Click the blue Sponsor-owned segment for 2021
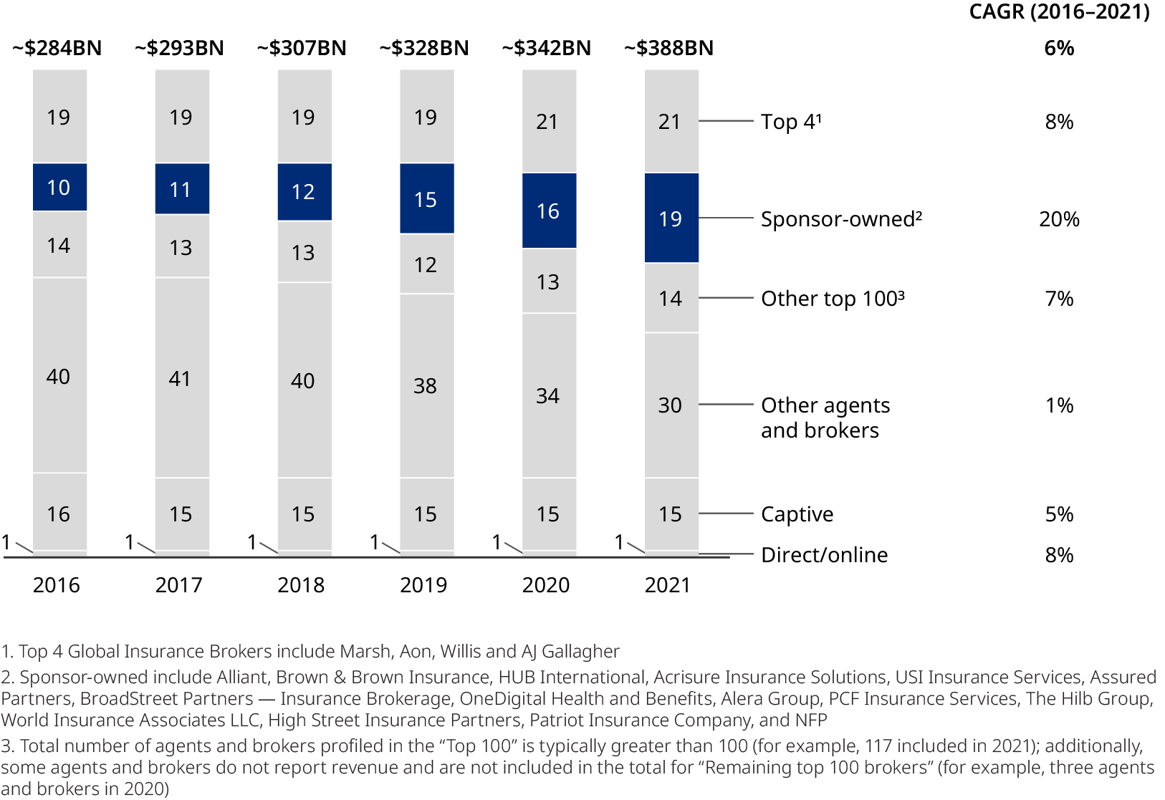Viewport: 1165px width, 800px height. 671,218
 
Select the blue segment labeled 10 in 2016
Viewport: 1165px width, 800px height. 59,187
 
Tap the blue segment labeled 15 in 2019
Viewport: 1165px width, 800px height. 426,198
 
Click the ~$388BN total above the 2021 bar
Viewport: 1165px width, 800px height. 668,48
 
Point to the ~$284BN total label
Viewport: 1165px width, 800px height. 57,48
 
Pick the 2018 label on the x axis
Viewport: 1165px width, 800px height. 301,585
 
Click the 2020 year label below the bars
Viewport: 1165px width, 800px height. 546,585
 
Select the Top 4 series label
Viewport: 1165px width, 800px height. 790,122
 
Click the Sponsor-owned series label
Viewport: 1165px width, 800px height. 841,219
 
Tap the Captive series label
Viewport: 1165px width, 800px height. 797,514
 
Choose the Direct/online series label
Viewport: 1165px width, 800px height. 824,555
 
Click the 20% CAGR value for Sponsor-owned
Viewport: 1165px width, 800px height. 1059,219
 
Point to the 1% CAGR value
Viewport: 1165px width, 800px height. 1059,405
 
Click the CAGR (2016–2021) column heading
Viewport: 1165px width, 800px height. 1059,12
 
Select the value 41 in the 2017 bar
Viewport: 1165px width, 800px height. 181,378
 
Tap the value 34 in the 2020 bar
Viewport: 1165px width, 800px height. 547,395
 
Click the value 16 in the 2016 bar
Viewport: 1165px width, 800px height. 59,514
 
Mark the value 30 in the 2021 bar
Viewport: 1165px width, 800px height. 670,405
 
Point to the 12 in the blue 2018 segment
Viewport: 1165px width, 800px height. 303,192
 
